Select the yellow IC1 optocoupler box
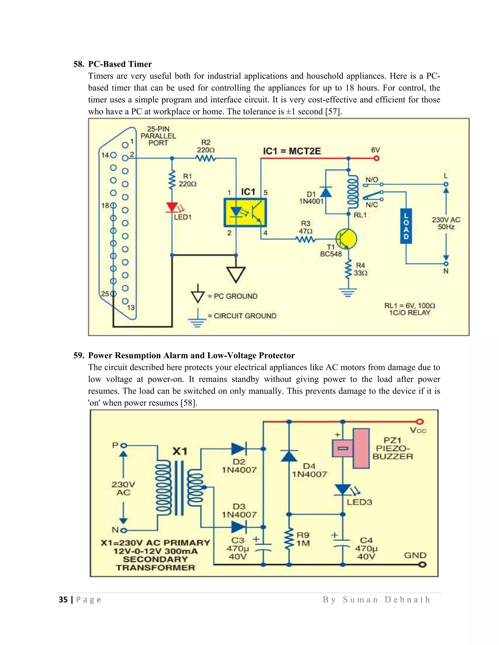tap(245, 212)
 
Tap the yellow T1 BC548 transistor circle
tap(346, 239)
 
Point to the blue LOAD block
tap(406, 226)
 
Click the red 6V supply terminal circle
tap(376, 159)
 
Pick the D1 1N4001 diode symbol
tap(326, 192)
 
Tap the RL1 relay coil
tap(352, 191)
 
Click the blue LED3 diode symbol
tap(343, 490)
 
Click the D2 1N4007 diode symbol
tap(239, 449)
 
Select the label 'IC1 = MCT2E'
tap(292, 151)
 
